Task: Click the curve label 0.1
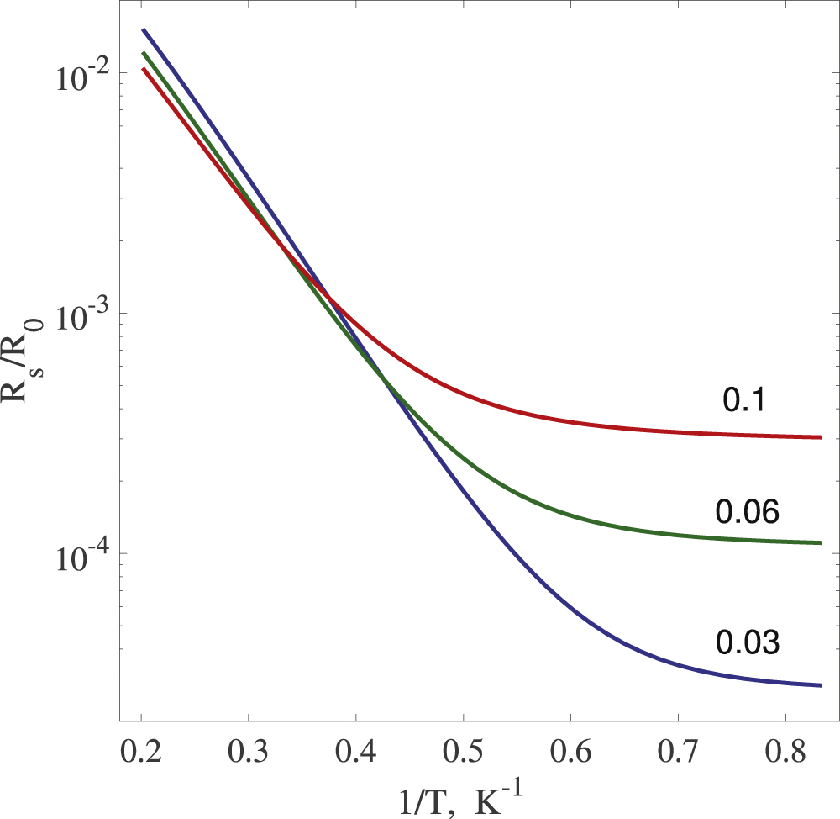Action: [743, 401]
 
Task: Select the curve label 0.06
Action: [748, 510]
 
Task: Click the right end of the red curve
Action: [820, 437]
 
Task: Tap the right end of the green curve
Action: [820, 543]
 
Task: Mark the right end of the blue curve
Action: [820, 685]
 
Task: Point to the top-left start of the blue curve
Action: [143, 29]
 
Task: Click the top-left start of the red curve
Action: [143, 69]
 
